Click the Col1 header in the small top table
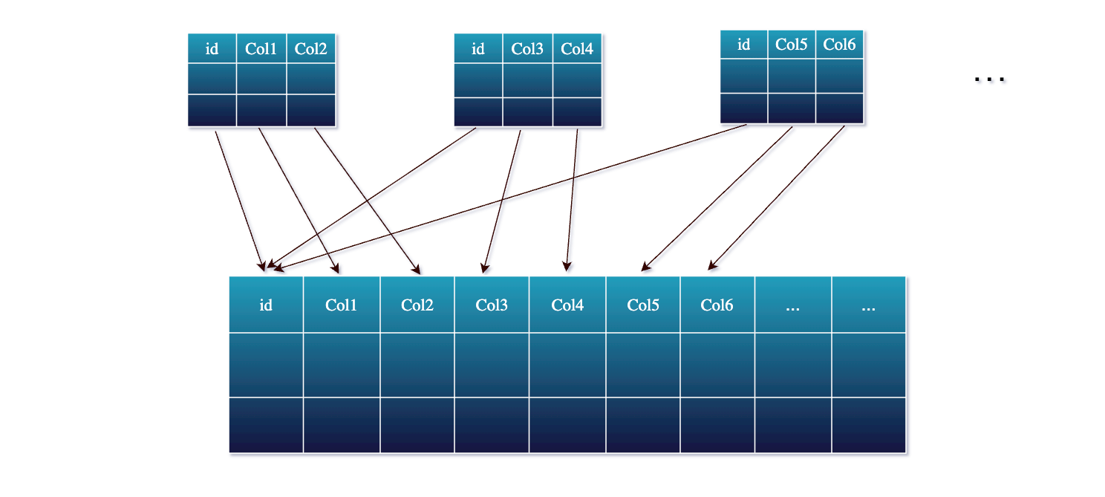261,49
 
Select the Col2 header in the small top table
310,49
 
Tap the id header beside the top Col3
478,49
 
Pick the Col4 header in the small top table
577,49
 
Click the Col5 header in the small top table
791,45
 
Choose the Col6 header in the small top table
840,45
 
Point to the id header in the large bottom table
266,305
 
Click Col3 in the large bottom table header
492,305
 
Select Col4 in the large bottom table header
567,305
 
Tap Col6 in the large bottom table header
717,305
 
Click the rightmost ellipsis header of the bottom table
868,305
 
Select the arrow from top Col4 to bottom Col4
572,199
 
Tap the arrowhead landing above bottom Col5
645,268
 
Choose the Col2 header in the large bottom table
417,305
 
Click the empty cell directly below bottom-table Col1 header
342,365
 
